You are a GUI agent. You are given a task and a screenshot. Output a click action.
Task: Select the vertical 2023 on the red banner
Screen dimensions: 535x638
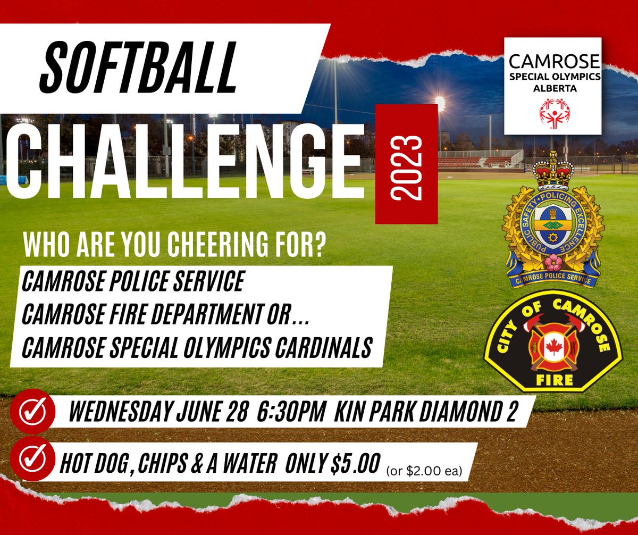click(x=407, y=164)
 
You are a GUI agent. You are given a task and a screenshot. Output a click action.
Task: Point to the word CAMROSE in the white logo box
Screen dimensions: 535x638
click(x=553, y=61)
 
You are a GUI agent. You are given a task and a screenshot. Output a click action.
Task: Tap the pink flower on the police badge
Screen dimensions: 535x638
click(x=553, y=262)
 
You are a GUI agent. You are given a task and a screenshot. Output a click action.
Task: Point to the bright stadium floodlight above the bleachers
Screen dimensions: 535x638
click(x=440, y=101)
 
